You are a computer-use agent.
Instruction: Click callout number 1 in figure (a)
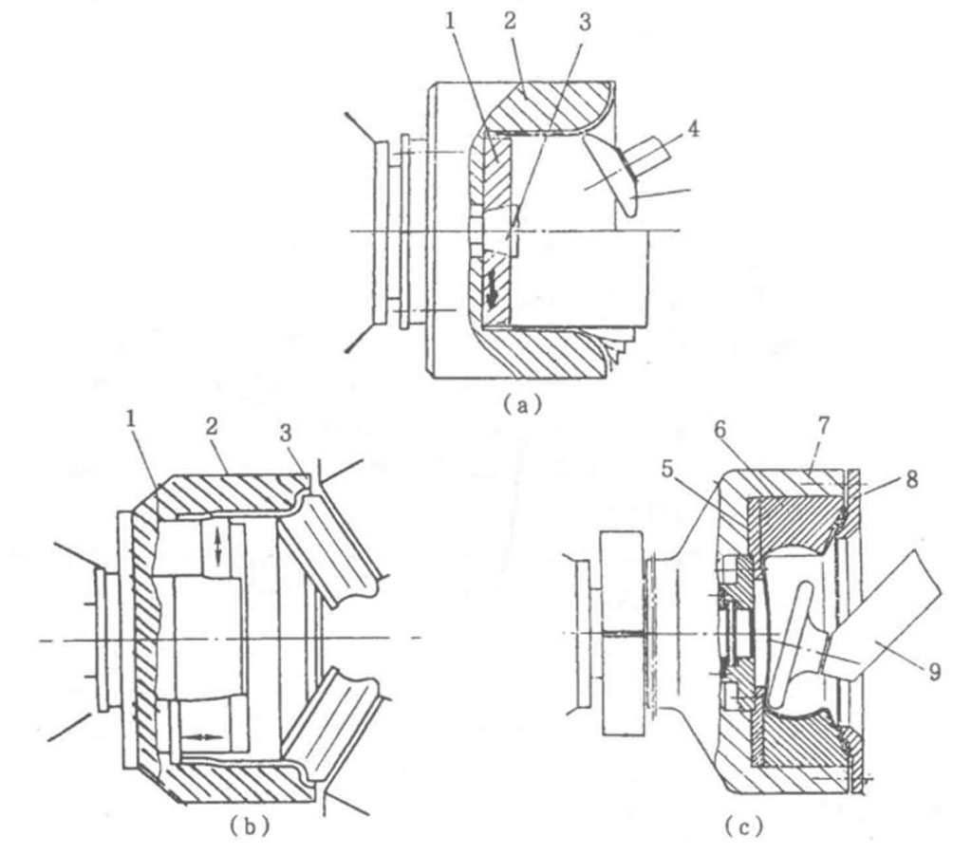click(451, 23)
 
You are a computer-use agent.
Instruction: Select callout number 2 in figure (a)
click(510, 23)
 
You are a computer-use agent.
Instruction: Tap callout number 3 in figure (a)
click(585, 23)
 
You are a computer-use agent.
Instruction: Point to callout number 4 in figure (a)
click(694, 130)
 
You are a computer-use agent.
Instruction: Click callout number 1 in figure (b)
click(131, 420)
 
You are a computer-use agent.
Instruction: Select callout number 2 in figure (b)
click(213, 426)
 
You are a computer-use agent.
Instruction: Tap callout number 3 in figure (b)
click(285, 434)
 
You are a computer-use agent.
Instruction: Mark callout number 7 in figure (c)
click(824, 426)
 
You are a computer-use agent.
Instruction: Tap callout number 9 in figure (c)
click(934, 671)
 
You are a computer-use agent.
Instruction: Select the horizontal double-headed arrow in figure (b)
click(204, 737)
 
